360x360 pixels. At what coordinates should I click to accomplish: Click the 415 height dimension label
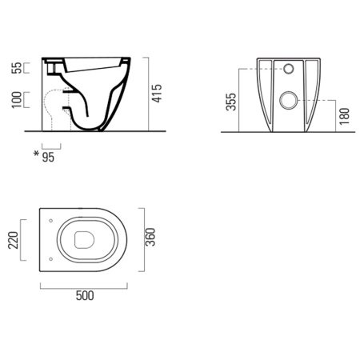point(157,94)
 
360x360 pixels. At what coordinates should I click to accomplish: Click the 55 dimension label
point(16,68)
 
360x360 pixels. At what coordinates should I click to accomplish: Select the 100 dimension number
point(16,100)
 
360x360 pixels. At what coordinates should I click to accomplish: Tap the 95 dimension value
point(48,158)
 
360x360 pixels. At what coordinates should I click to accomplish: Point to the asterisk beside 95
point(36,154)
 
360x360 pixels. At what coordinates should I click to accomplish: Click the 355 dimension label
point(231,102)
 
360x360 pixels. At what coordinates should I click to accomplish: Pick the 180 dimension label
point(344,116)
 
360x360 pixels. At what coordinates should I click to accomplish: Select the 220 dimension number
point(13,240)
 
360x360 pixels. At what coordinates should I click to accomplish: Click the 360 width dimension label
point(150,237)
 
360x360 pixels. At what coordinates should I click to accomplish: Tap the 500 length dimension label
point(85,296)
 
